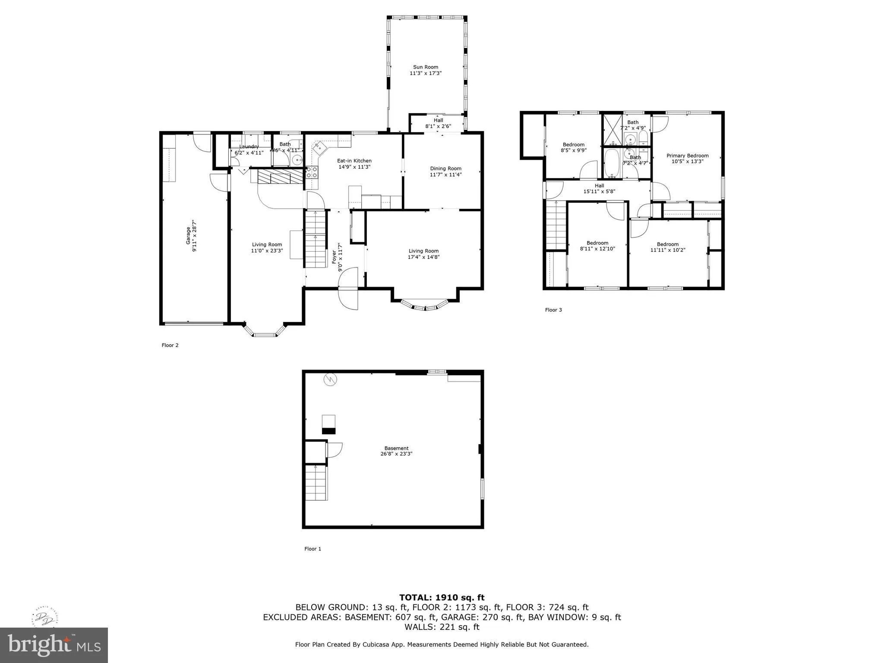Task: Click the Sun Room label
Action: click(425, 67)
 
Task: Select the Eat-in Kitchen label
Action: click(354, 161)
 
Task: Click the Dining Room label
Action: click(445, 168)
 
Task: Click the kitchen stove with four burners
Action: click(312, 173)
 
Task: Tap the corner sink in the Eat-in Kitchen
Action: click(319, 147)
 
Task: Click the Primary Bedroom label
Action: click(687, 155)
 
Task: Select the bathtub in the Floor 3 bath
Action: click(612, 163)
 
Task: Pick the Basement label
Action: click(396, 448)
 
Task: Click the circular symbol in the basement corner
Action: click(331, 379)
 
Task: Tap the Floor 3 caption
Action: click(553, 309)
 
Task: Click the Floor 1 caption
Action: click(313, 549)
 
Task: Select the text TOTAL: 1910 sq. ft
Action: click(442, 597)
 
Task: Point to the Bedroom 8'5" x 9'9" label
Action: click(573, 145)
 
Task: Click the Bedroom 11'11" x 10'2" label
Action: click(667, 244)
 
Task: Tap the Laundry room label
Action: click(249, 147)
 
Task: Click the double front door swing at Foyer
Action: click(348, 288)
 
